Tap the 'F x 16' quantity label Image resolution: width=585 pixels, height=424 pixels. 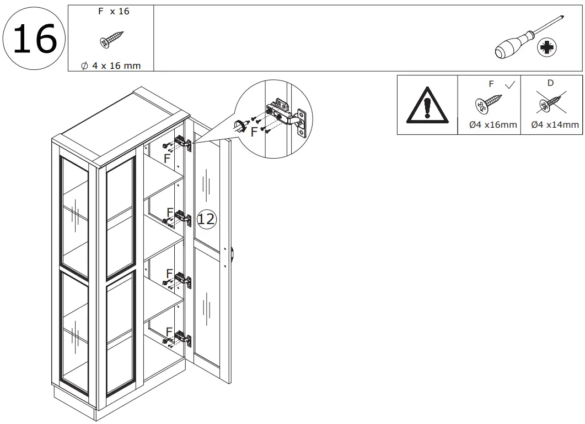114,12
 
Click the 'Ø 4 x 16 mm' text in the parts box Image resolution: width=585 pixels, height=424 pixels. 111,66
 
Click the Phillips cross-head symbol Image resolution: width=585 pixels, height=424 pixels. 548,48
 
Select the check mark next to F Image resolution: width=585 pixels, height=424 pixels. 510,84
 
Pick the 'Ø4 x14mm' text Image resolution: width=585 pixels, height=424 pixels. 555,125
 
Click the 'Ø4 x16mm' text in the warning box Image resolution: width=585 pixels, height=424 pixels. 493,125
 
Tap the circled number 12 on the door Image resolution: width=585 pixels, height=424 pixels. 207,219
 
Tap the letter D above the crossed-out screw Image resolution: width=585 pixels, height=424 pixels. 550,83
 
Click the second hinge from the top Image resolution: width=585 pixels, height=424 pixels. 183,217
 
